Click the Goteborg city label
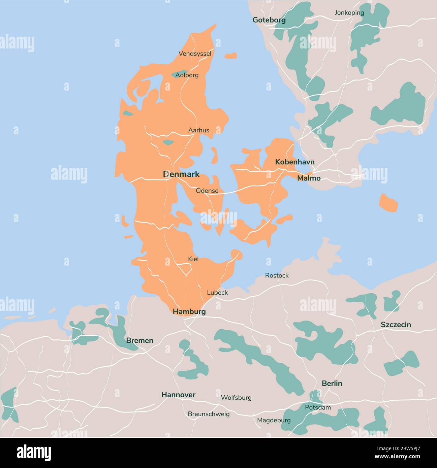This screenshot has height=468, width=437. click(269, 20)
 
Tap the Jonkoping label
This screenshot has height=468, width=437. click(349, 13)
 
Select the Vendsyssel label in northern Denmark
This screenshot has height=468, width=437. click(195, 54)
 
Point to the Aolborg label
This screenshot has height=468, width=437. click(187, 75)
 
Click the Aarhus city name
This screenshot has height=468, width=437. click(198, 130)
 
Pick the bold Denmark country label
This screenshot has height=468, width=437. click(181, 174)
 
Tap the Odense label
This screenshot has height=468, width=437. click(207, 191)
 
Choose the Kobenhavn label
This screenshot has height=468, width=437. click(294, 162)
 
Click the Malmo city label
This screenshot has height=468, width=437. click(308, 178)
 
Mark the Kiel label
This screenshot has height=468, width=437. click(193, 259)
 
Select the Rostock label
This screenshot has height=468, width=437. click(277, 275)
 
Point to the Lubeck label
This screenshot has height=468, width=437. click(217, 293)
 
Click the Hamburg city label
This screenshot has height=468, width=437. click(189, 312)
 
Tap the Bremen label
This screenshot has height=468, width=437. click(139, 340)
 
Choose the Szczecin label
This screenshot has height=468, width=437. click(396, 325)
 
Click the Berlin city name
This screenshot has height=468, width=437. click(332, 383)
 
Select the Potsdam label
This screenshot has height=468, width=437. click(317, 407)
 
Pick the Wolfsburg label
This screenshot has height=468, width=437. click(236, 398)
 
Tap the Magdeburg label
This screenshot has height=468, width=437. click(274, 420)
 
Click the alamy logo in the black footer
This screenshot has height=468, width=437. click(34, 453)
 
